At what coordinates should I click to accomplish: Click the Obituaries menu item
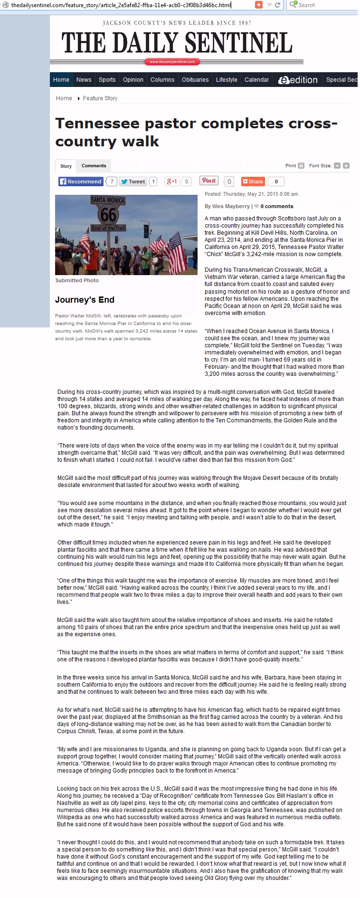click(x=195, y=80)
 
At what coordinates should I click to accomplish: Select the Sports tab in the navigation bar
click(x=107, y=80)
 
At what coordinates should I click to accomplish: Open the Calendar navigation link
click(x=256, y=80)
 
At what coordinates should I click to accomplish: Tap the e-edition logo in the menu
click(x=298, y=80)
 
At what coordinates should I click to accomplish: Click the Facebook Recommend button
click(x=80, y=182)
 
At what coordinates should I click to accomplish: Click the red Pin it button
click(x=209, y=181)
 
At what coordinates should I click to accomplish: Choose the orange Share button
click(x=252, y=182)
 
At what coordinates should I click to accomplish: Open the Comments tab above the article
click(x=94, y=166)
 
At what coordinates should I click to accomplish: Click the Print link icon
click(x=301, y=166)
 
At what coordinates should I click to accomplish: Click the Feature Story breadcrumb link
click(x=100, y=98)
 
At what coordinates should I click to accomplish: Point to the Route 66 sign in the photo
click(x=108, y=213)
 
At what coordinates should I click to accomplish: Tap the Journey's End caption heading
click(x=85, y=300)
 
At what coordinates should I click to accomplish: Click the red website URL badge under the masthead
click(x=172, y=62)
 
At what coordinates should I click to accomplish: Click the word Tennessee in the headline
click(x=97, y=124)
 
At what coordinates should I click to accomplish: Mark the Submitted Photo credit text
click(x=77, y=280)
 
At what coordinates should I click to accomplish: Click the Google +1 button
click(x=171, y=182)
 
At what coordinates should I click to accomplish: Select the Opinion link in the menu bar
click(x=133, y=80)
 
